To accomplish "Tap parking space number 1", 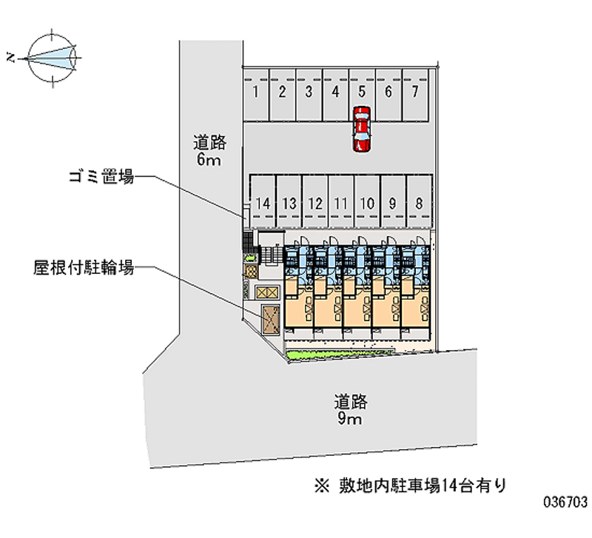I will (x=256, y=95).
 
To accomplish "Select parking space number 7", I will (x=416, y=95).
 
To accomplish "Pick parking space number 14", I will (x=262, y=201).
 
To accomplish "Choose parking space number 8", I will (x=419, y=201).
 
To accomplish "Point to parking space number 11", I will (x=341, y=201).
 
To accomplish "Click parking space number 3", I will (x=309, y=95).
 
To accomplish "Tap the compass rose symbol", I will (x=52, y=55).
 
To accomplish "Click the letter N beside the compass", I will (x=10, y=56).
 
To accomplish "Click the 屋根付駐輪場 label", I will (x=83, y=268).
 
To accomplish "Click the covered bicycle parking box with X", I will (x=269, y=319).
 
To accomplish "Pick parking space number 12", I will (x=314, y=201).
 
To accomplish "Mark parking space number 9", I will (x=392, y=201).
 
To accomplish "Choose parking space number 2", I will (x=282, y=95).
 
